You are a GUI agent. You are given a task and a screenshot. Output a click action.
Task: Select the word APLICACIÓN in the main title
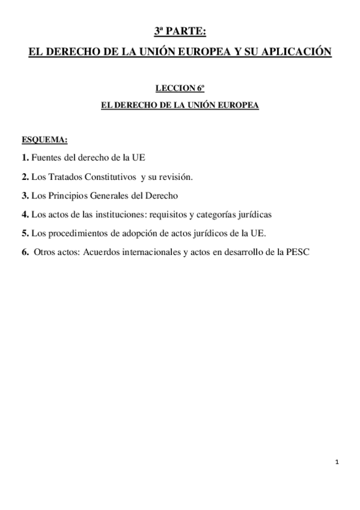[x=294, y=53]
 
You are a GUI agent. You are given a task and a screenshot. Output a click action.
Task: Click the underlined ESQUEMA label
[x=44, y=140]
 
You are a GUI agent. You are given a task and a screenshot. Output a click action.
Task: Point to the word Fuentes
[x=46, y=158]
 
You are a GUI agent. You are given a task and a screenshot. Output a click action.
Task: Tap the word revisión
[x=174, y=177]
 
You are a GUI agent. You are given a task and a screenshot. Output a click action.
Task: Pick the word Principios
[x=68, y=195]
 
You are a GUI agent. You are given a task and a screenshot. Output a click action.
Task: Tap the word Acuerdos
[x=96, y=252]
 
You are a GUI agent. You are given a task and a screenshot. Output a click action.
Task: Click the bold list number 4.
[x=25, y=214]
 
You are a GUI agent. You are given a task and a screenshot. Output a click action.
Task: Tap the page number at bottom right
[x=337, y=462]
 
